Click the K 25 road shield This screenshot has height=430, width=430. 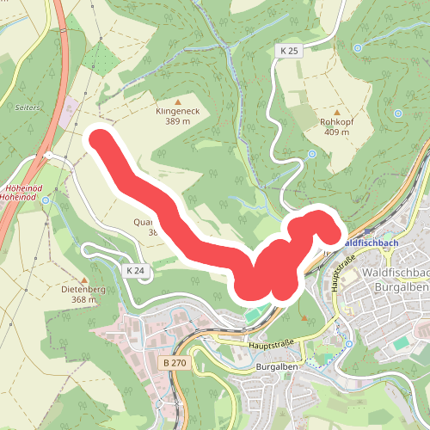pyautogui.click(x=288, y=52)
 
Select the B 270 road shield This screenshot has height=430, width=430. pyautogui.click(x=175, y=364)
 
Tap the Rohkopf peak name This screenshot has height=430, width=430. pyautogui.click(x=336, y=122)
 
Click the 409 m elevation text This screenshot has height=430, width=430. pyautogui.click(x=336, y=132)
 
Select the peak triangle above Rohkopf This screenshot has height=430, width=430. pyautogui.click(x=336, y=111)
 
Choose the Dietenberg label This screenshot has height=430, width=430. pyautogui.click(x=83, y=290)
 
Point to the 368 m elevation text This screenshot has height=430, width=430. pyautogui.click(x=83, y=300)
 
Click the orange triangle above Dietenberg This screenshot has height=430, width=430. pyautogui.click(x=84, y=279)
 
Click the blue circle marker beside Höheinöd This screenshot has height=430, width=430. pyautogui.click(x=46, y=200)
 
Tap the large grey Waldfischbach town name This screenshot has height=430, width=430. pyautogui.click(x=396, y=273)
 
